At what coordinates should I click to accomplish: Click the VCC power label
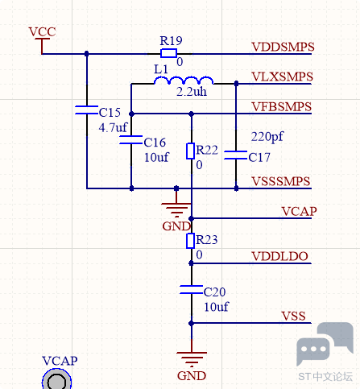tap(43, 32)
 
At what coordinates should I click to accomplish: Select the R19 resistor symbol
tap(168, 53)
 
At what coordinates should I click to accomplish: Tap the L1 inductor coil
tap(184, 81)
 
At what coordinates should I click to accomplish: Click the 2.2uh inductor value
tap(192, 92)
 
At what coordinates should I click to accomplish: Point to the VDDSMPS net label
tap(283, 47)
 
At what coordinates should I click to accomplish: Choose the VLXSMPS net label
tap(283, 77)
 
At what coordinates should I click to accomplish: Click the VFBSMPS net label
tap(282, 107)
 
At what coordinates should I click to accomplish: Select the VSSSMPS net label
tap(281, 181)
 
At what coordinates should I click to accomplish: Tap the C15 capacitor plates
tap(86, 110)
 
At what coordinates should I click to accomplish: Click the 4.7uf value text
tap(113, 127)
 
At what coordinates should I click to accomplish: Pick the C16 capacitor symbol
tap(131, 140)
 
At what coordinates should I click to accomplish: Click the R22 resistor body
tap(191, 151)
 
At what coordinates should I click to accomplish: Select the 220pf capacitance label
tap(267, 137)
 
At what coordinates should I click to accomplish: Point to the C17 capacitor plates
tap(236, 155)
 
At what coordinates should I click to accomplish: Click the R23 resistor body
tap(191, 241)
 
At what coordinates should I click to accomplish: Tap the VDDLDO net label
tap(279, 256)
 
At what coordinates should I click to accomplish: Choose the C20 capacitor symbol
tap(191, 290)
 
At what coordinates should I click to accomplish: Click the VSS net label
tap(293, 317)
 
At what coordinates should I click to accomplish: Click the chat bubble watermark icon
tap(325, 344)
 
